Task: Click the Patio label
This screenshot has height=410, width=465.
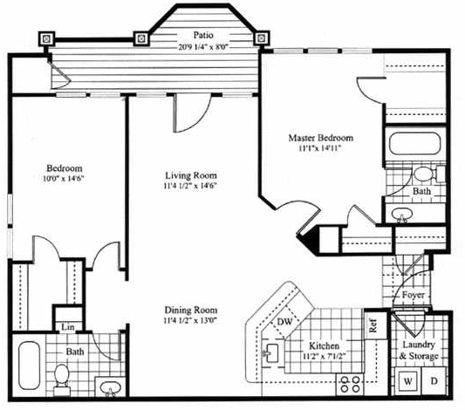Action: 203,35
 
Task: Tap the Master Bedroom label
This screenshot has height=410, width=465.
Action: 321,138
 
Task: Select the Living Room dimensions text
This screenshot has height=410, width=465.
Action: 191,186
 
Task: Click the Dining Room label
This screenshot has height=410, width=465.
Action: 191,310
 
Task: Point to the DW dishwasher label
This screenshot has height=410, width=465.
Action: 284,321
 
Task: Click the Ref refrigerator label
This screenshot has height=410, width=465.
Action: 373,325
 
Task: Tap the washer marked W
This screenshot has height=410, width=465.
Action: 408,381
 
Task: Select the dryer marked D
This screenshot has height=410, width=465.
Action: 434,380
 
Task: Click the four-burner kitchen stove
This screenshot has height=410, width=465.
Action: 350,384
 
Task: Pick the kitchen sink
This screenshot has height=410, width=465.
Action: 271,352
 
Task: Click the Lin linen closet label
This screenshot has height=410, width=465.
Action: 68,327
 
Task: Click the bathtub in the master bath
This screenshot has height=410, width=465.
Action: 415,144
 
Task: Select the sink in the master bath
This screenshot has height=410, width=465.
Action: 402,214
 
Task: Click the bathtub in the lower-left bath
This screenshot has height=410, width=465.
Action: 29,366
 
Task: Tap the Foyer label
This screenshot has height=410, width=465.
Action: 414,295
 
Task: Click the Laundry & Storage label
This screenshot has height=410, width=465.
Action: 419,350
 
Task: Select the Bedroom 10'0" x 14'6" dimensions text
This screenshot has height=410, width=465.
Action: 62,179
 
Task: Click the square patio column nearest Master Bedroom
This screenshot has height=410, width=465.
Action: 261,38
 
